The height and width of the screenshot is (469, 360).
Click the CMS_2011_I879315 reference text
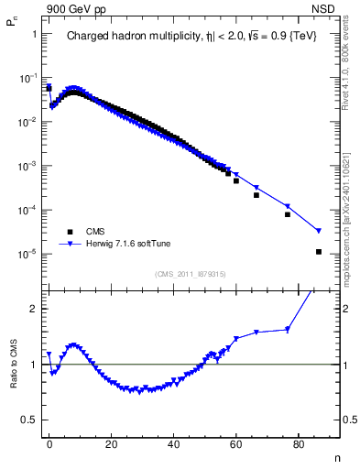pyautogui.click(x=191, y=274)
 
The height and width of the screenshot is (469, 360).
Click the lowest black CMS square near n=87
pyautogui.click(x=319, y=252)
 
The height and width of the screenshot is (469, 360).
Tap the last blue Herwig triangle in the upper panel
pyautogui.click(x=319, y=231)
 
